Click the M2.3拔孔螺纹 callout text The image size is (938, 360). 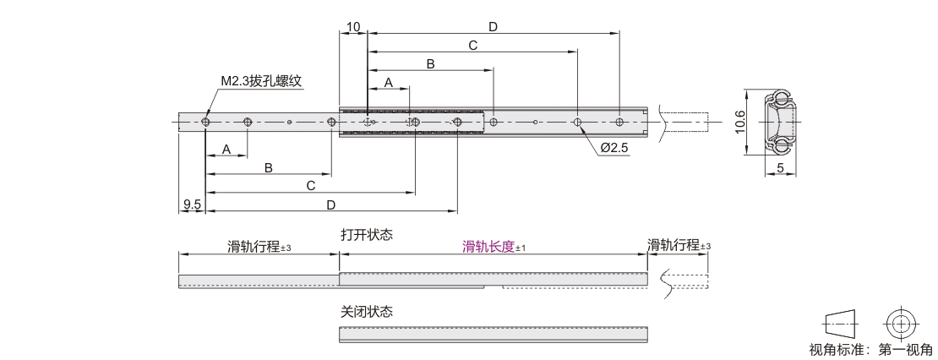[x=261, y=81]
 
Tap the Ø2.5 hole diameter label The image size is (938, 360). [x=614, y=148]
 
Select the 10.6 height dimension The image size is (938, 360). [x=740, y=122]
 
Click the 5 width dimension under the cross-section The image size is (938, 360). [x=781, y=169]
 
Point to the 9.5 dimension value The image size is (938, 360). [x=192, y=205]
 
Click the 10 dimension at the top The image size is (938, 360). [x=353, y=26]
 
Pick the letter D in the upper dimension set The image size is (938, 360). [x=493, y=26]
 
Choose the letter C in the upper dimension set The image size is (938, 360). [x=472, y=46]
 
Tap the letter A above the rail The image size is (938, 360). [x=388, y=83]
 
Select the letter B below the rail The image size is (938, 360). [x=269, y=168]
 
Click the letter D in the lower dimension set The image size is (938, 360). [x=330, y=205]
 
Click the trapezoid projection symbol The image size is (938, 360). [x=841, y=325]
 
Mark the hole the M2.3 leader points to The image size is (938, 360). [x=206, y=122]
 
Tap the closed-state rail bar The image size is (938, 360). [x=494, y=334]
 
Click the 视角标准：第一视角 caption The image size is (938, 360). [x=870, y=349]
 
